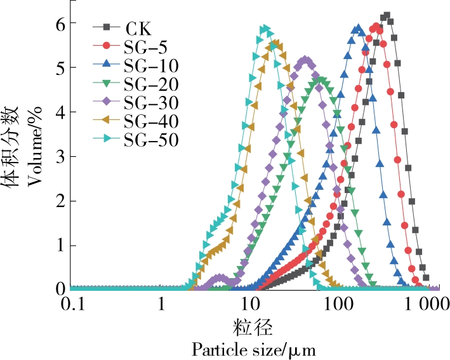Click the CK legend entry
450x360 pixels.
tap(134, 27)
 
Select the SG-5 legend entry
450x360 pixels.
tap(146, 46)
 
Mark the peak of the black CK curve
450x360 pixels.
tap(386, 16)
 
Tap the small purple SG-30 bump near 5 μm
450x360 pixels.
tap(220, 277)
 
